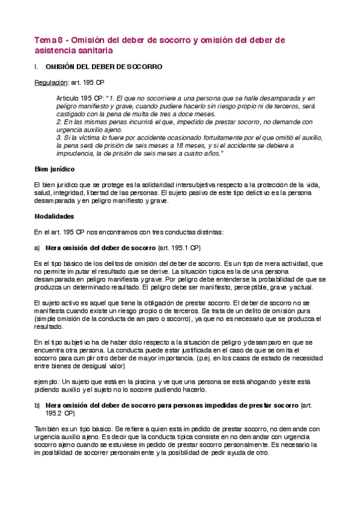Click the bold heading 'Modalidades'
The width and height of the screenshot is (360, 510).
click(54, 216)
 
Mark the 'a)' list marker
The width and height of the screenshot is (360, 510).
click(36, 247)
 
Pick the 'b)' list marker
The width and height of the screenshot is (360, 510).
click(36, 405)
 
